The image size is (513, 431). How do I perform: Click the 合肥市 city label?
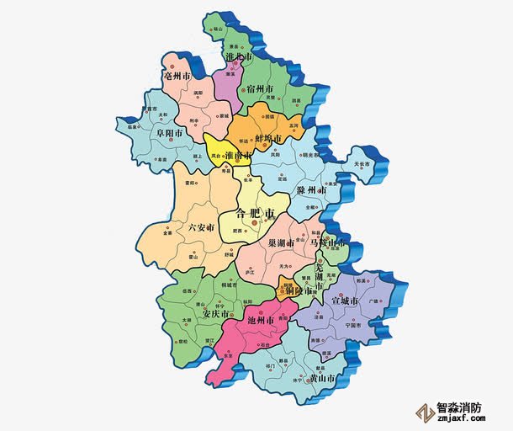tap(256, 214)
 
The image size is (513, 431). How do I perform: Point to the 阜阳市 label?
tap(172, 132)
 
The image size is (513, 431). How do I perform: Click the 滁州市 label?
tap(312, 191)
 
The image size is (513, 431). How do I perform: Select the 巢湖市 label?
tap(281, 242)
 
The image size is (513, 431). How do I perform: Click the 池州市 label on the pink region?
tap(263, 321)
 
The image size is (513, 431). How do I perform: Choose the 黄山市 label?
tap(324, 379)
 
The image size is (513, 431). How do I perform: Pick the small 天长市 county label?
tap(362, 163)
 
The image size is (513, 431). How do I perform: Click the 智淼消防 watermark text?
tap(460, 407)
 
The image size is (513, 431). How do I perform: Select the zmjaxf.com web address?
tap(460, 420)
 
